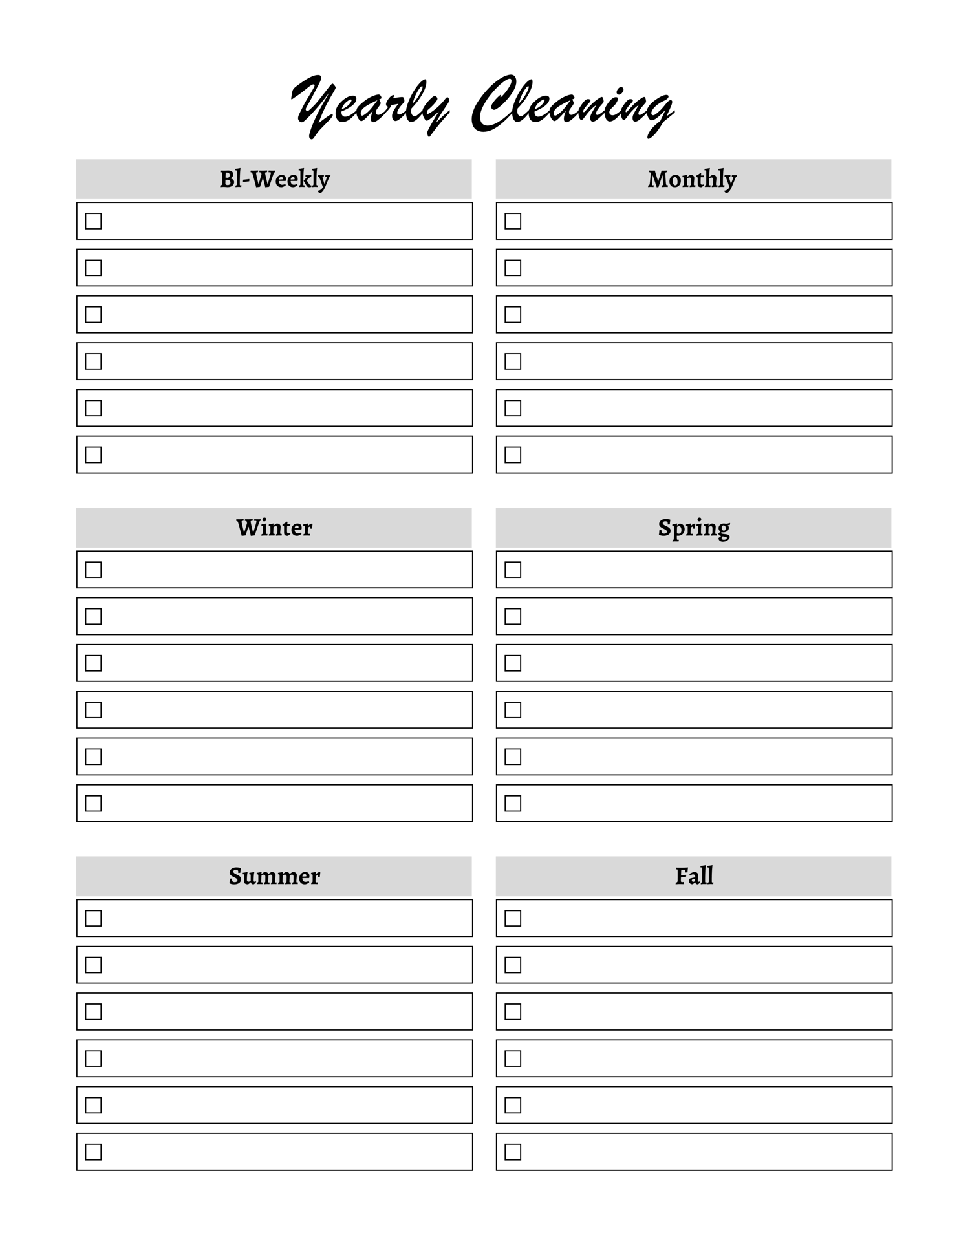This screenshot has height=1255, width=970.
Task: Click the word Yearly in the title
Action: point(370,106)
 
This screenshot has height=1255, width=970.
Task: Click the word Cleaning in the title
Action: point(573,106)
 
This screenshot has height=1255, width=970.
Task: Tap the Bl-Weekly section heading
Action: point(275,179)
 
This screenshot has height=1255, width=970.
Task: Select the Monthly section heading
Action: point(692,179)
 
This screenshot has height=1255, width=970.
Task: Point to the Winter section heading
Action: point(274,528)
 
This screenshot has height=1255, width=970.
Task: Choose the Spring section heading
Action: point(694,528)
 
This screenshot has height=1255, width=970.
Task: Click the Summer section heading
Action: point(274,876)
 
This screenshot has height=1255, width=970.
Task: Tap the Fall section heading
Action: point(694,876)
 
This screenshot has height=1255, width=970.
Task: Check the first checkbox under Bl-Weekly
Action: point(93,221)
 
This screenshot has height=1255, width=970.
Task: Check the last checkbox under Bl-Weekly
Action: point(93,455)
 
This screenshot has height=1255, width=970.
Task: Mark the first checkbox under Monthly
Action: point(513,221)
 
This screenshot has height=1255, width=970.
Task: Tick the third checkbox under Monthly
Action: point(513,314)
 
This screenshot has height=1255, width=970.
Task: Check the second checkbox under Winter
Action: point(93,616)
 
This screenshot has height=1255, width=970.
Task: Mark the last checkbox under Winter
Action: point(93,803)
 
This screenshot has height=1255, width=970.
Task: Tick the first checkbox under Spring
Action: point(513,570)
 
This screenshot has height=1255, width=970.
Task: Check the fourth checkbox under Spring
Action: point(513,710)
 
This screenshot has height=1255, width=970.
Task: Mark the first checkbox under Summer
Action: point(93,918)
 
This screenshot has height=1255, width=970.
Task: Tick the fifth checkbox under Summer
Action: point(93,1105)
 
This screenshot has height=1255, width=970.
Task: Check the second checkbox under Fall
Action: point(513,965)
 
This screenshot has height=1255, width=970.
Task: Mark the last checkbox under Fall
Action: point(513,1152)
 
